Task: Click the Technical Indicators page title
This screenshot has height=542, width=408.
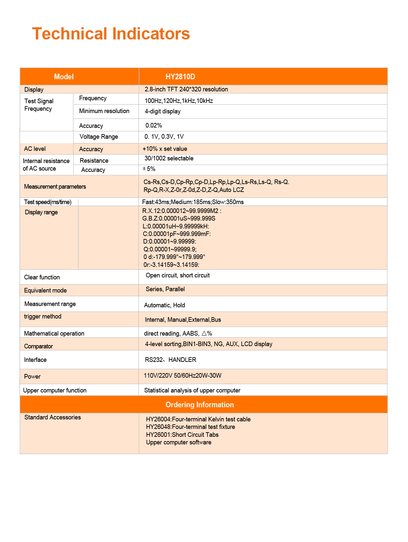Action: (111, 34)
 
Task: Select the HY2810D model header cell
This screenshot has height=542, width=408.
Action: (180, 77)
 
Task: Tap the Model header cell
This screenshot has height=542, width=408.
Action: (64, 77)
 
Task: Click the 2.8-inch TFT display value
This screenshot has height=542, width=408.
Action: (186, 89)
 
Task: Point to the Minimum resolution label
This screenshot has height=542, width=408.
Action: (104, 111)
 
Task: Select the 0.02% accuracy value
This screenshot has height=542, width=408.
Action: (154, 126)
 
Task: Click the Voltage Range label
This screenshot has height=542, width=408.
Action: (99, 137)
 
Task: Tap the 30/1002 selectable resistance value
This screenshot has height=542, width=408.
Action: (169, 158)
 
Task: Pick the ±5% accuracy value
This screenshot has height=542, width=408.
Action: (149, 169)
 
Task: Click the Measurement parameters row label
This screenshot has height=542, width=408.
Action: (55, 187)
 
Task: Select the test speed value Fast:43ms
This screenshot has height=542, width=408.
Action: (193, 202)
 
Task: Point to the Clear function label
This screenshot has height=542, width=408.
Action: (42, 277)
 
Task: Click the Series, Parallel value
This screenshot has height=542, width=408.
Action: (165, 289)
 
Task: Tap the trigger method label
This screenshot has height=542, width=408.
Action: (43, 317)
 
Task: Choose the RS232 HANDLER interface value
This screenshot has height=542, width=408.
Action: (170, 360)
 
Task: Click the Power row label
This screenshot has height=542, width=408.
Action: (32, 377)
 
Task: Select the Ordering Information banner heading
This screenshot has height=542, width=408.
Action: (200, 405)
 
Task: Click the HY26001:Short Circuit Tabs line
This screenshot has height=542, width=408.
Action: (182, 435)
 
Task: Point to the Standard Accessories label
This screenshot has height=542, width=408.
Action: (53, 417)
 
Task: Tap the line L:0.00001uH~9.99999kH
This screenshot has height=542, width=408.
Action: (176, 226)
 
